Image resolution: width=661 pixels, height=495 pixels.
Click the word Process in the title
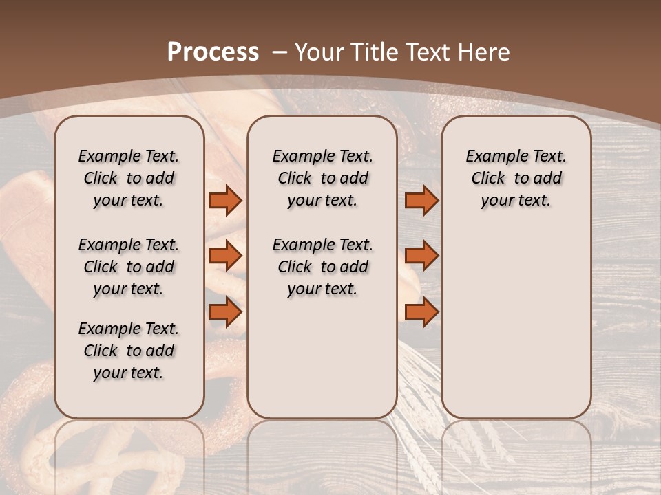213,52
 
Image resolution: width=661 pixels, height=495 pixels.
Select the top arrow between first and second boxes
225,200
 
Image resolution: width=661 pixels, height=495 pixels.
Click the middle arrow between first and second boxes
225,256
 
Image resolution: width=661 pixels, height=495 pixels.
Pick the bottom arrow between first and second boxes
225,312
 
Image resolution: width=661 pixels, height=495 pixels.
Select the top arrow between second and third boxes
421,200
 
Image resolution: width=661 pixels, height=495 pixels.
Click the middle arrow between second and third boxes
421,256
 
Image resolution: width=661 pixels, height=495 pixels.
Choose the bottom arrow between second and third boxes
421,312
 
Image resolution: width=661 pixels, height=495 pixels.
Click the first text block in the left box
129,178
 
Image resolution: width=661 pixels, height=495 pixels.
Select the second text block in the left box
129,267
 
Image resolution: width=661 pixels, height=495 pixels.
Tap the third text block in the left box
129,351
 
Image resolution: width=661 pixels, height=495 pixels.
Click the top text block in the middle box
322,178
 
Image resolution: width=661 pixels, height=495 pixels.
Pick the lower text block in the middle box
322,267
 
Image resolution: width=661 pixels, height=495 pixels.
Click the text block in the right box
516,178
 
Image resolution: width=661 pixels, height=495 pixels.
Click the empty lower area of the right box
516,323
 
